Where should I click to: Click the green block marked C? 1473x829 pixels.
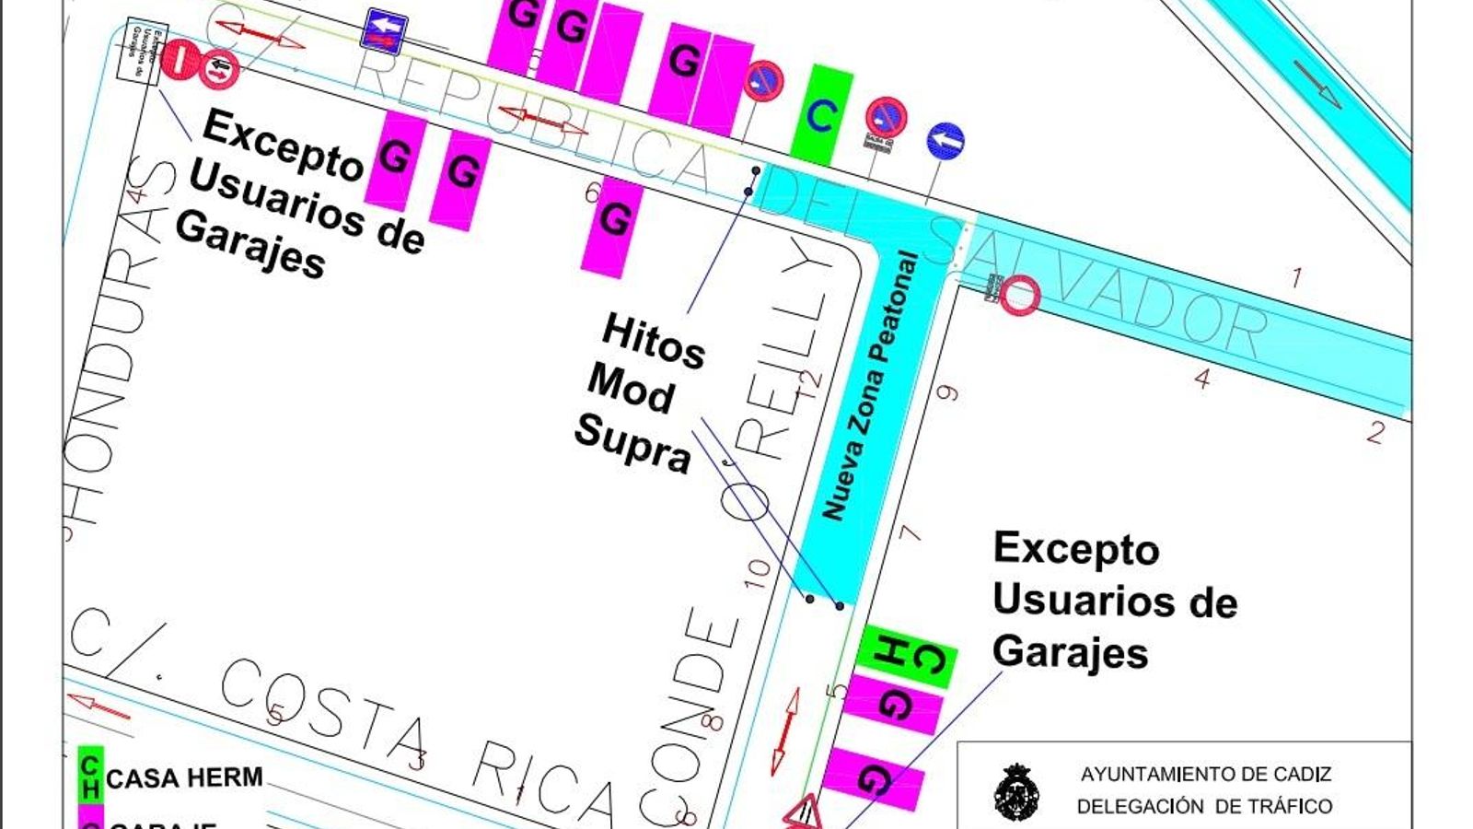821,115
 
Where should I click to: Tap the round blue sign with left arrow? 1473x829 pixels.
945,141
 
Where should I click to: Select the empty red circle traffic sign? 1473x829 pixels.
1020,297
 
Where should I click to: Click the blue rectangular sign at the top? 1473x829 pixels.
385,32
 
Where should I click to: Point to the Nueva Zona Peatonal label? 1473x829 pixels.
870,387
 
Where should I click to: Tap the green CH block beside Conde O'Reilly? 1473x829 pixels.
906,656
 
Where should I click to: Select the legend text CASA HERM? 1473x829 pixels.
184,778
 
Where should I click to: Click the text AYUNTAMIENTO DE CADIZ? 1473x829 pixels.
1205,775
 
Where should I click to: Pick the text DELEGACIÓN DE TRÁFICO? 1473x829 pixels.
1204,807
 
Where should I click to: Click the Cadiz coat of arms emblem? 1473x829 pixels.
1017,792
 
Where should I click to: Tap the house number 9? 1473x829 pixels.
946,393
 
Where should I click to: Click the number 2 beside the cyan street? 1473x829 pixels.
1374,431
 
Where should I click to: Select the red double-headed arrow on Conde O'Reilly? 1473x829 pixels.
785,730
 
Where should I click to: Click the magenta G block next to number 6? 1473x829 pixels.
613,221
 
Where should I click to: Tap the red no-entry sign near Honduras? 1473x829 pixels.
179,60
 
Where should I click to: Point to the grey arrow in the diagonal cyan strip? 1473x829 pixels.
1317,83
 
